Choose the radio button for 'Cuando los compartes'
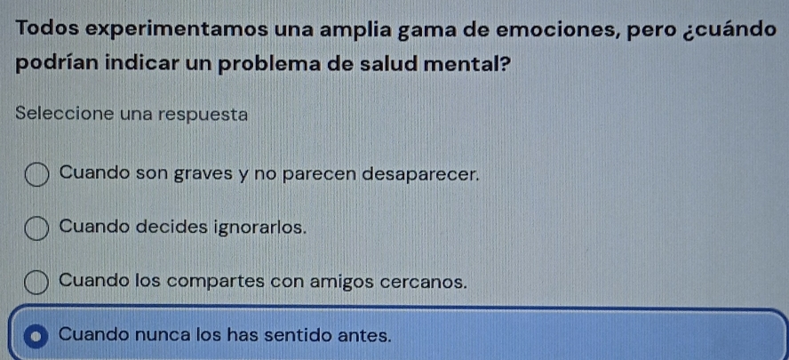tap(37, 283)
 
